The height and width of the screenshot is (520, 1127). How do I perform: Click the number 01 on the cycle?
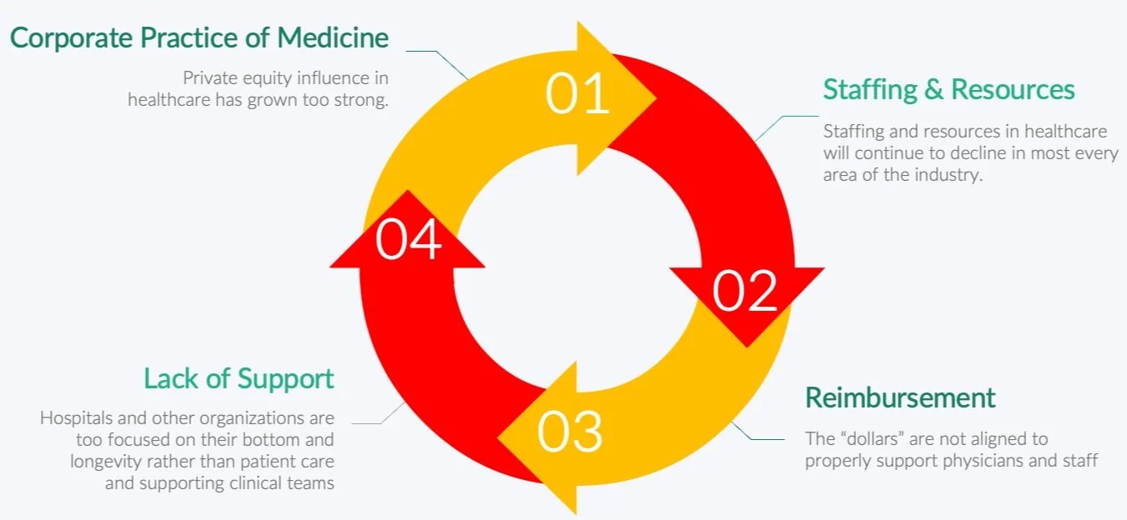click(577, 94)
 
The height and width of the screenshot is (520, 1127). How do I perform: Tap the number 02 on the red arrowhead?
click(745, 292)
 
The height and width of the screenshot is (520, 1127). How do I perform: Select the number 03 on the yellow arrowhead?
click(570, 431)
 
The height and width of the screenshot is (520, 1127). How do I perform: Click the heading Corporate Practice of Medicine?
click(199, 38)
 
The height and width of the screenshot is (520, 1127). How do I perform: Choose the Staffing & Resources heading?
click(948, 89)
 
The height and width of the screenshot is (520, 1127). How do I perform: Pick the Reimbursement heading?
click(900, 397)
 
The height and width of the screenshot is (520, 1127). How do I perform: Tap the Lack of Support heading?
click(239, 378)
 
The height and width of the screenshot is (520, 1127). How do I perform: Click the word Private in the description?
click(207, 78)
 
